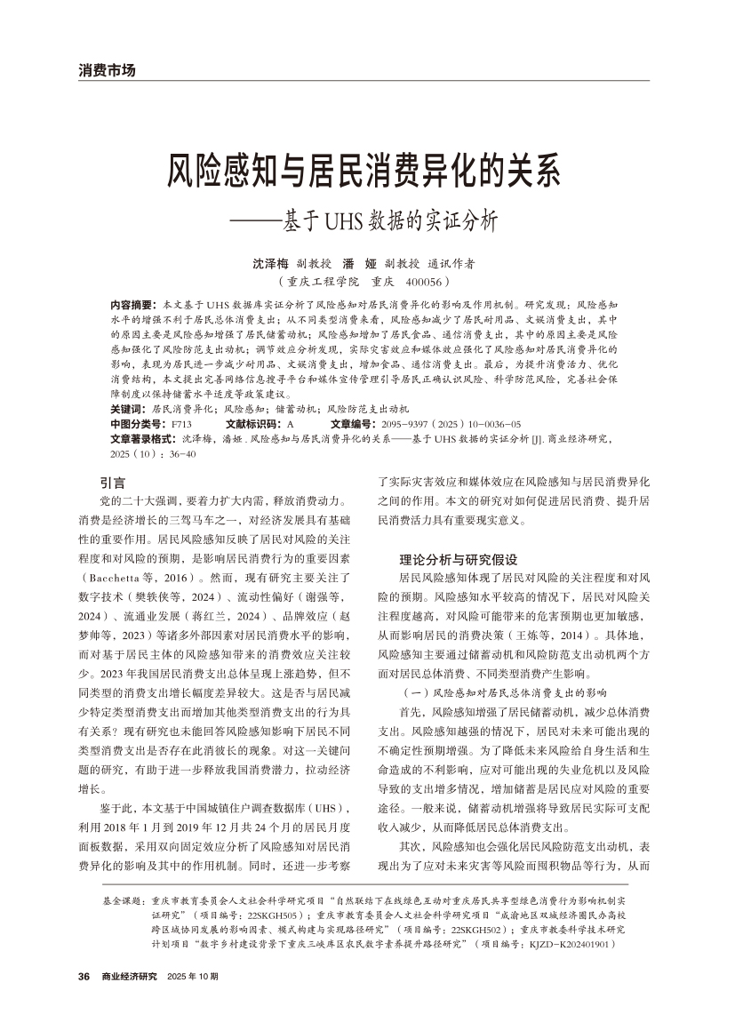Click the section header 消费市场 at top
(106, 70)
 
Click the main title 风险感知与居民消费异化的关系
(366, 169)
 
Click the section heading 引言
(113, 484)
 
